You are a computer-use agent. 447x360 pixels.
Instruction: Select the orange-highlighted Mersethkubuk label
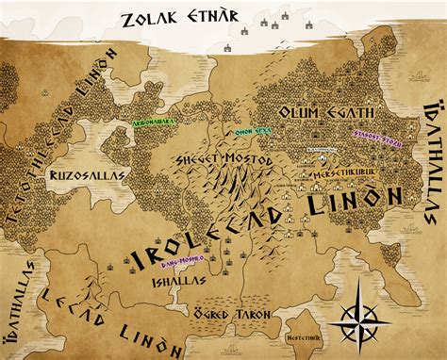pos(337,174)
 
